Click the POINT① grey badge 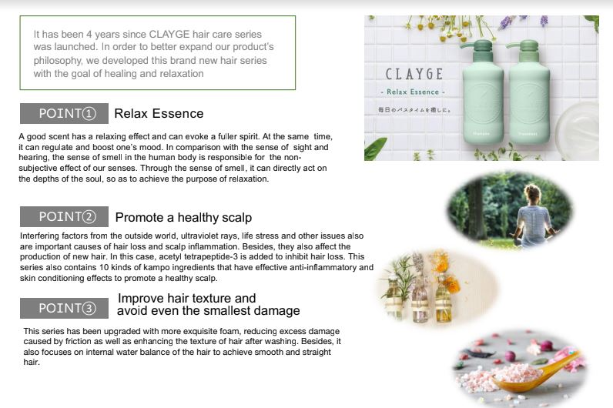click(64, 113)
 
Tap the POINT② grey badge click(64, 216)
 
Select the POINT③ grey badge click(64, 308)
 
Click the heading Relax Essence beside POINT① click(159, 113)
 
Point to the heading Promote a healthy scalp click(183, 217)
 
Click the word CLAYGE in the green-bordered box click(169, 35)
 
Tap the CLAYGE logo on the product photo click(414, 74)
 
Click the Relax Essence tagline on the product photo click(413, 92)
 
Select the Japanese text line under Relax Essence click(414, 110)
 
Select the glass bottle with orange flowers click(444, 298)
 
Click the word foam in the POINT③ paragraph click(230, 331)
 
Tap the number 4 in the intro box click(89, 35)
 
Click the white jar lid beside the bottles click(578, 131)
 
